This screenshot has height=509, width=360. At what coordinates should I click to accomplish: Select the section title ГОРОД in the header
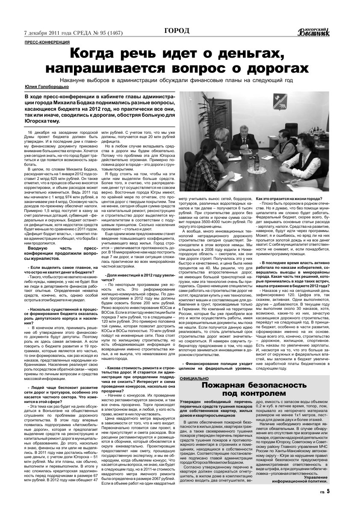point(177,30)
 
